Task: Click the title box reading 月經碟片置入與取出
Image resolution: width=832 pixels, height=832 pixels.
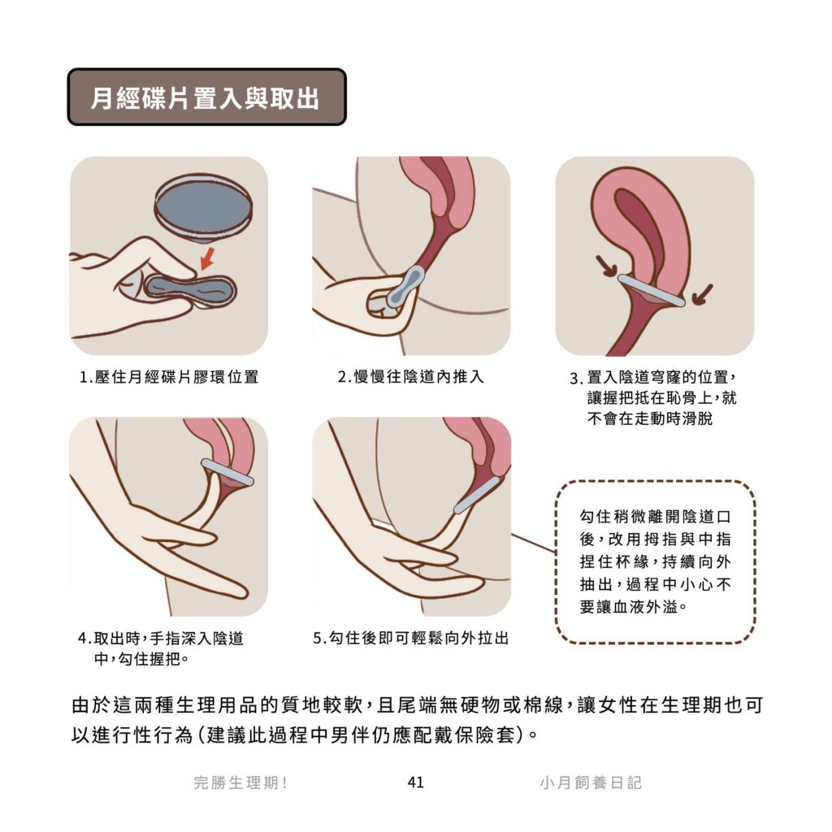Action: [207, 97]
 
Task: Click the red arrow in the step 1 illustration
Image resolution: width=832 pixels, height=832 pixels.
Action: [207, 258]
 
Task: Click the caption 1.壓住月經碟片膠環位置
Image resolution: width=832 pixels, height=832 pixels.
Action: [169, 377]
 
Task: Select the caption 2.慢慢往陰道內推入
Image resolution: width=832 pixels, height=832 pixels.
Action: [411, 377]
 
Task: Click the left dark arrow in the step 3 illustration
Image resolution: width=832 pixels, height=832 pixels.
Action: [606, 266]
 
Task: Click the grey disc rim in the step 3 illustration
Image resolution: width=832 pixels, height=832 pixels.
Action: [651, 291]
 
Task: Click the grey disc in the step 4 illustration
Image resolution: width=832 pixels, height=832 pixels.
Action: [227, 472]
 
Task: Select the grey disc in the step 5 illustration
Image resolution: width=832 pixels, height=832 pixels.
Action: [477, 495]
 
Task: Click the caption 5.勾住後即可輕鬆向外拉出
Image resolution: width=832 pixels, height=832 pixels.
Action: [411, 638]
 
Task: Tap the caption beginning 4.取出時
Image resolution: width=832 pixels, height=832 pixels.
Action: [161, 648]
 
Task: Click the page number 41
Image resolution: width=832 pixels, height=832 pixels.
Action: [415, 782]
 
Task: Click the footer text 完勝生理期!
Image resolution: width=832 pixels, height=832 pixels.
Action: [240, 782]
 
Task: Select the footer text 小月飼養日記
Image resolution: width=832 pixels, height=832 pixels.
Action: [591, 782]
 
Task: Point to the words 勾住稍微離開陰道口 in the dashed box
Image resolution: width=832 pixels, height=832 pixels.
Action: [656, 516]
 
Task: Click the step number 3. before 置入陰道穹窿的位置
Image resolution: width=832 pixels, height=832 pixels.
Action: [576, 379]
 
